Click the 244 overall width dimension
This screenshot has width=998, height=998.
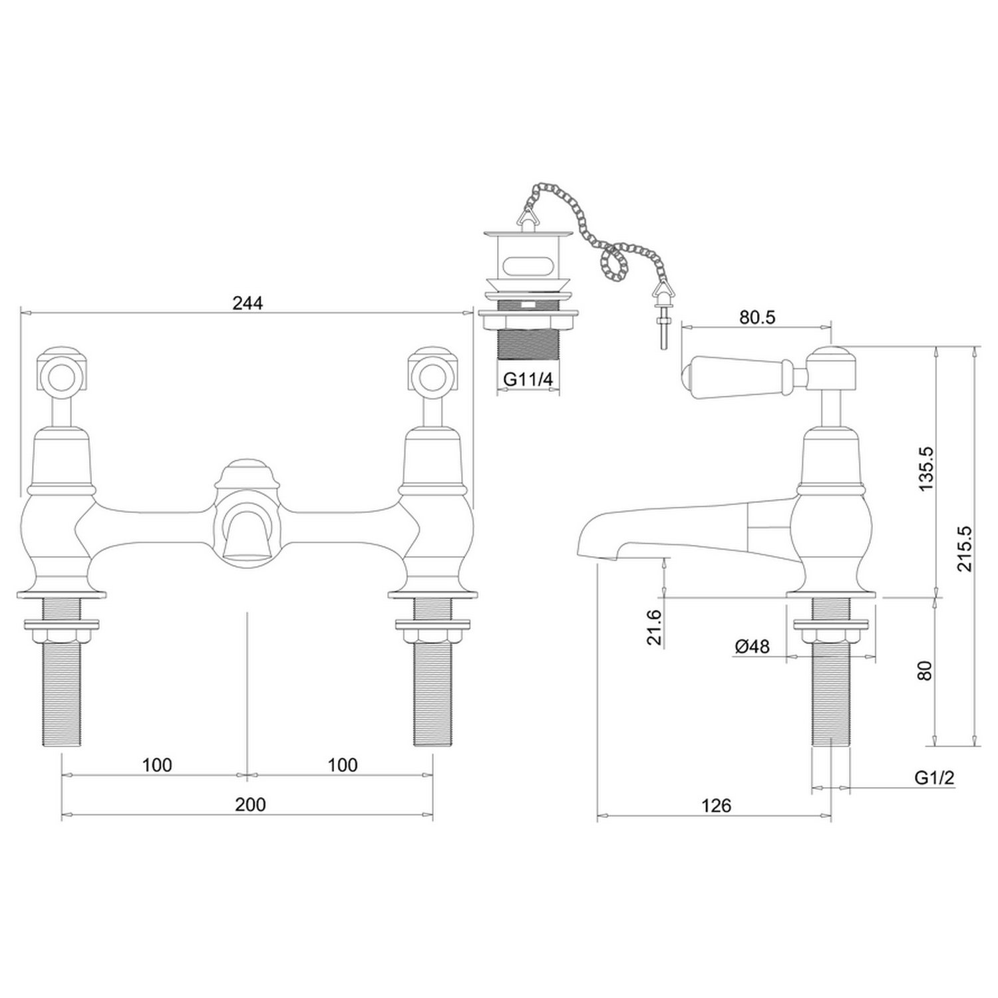tap(248, 303)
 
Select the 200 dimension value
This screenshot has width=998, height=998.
tap(250, 804)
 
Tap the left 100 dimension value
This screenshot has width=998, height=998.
tap(157, 765)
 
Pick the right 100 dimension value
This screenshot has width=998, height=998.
tap(343, 765)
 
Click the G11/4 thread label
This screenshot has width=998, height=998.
tap(528, 379)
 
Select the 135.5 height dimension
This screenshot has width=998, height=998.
tap(927, 469)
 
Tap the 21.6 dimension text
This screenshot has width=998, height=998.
tap(655, 627)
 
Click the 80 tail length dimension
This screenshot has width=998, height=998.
tap(927, 671)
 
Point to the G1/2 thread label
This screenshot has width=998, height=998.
tap(935, 778)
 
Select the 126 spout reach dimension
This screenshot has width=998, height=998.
tap(716, 806)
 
